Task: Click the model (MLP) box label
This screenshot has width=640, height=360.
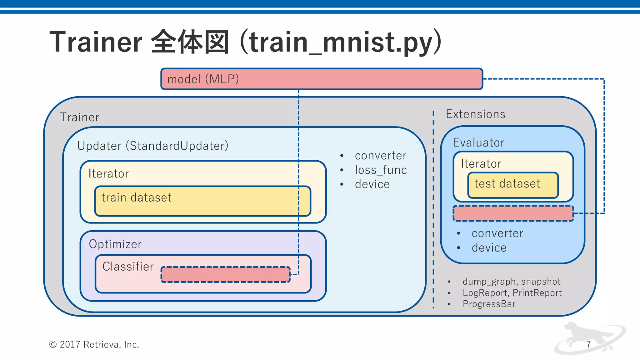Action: pos(203,79)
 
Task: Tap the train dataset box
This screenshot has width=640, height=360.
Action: pos(202,201)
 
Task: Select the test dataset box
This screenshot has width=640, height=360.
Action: pos(513,185)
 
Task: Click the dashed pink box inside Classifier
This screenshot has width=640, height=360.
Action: pos(225,274)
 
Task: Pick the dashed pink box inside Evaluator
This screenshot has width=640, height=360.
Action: pos(513,213)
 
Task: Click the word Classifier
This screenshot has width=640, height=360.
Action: pos(128,267)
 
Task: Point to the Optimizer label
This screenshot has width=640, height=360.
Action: pos(115,244)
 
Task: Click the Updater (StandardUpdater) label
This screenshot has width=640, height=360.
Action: pos(153,146)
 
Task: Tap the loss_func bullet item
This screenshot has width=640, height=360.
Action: pos(381,170)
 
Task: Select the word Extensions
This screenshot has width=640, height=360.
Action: pos(475,114)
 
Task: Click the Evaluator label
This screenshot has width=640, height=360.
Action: pos(478,142)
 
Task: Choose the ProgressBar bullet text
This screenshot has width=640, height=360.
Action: pos(489,304)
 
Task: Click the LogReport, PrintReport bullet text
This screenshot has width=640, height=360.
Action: pos(512,293)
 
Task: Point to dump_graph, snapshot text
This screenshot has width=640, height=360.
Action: pos(511,282)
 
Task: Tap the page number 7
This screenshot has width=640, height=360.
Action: pos(588,344)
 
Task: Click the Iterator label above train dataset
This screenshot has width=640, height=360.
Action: pos(108,174)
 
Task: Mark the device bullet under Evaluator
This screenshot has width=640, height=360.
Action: pos(489,248)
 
